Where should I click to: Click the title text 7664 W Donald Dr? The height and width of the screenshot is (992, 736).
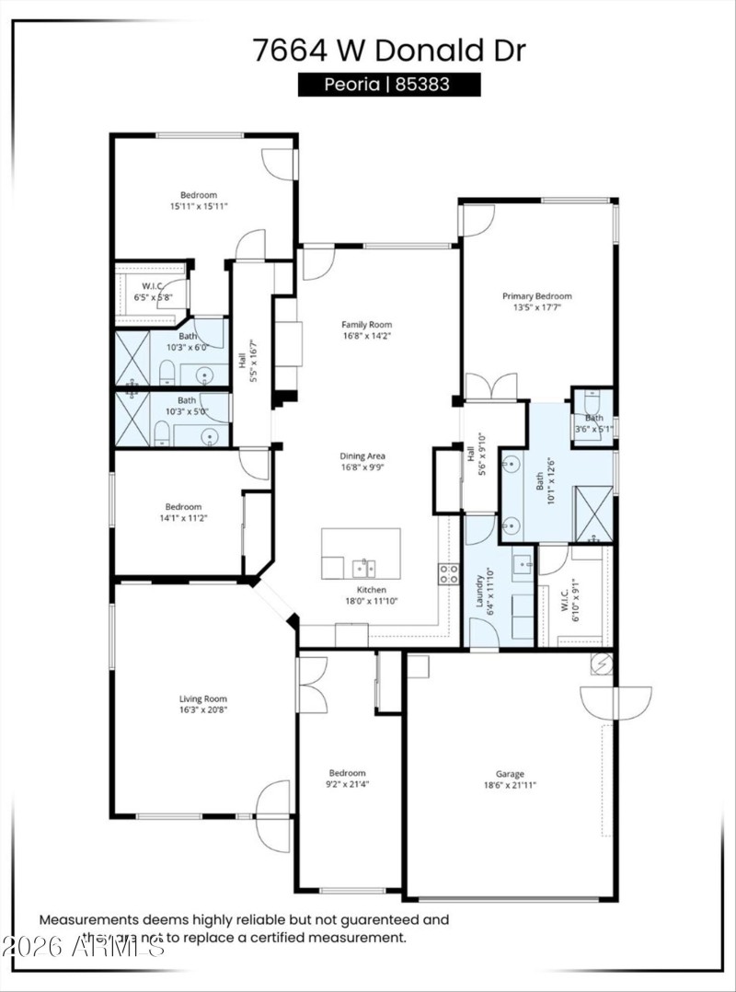(389, 50)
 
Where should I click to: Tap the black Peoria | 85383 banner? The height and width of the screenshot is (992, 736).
(389, 85)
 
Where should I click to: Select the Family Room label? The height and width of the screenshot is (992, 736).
(367, 325)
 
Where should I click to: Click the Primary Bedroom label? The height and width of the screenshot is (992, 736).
(536, 296)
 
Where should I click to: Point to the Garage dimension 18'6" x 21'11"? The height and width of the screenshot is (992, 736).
(511, 785)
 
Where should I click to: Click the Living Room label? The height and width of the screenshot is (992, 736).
(202, 698)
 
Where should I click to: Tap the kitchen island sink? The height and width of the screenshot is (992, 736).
(363, 567)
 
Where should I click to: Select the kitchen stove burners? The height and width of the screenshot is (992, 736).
(449, 574)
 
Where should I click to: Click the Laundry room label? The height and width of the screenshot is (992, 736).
(479, 593)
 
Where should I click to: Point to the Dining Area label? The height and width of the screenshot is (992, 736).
(363, 456)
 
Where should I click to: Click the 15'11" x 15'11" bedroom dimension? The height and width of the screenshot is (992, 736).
(198, 207)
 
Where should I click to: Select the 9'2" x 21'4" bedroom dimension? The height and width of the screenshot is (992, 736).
(348, 785)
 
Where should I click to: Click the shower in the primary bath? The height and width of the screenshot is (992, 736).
(593, 512)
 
